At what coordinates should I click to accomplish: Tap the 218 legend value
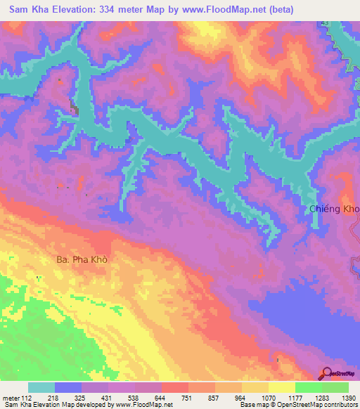point(53,398)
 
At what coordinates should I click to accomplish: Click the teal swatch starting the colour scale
point(41,387)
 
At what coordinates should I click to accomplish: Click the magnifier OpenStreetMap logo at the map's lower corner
point(327,372)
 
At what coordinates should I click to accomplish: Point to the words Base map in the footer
point(257,405)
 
